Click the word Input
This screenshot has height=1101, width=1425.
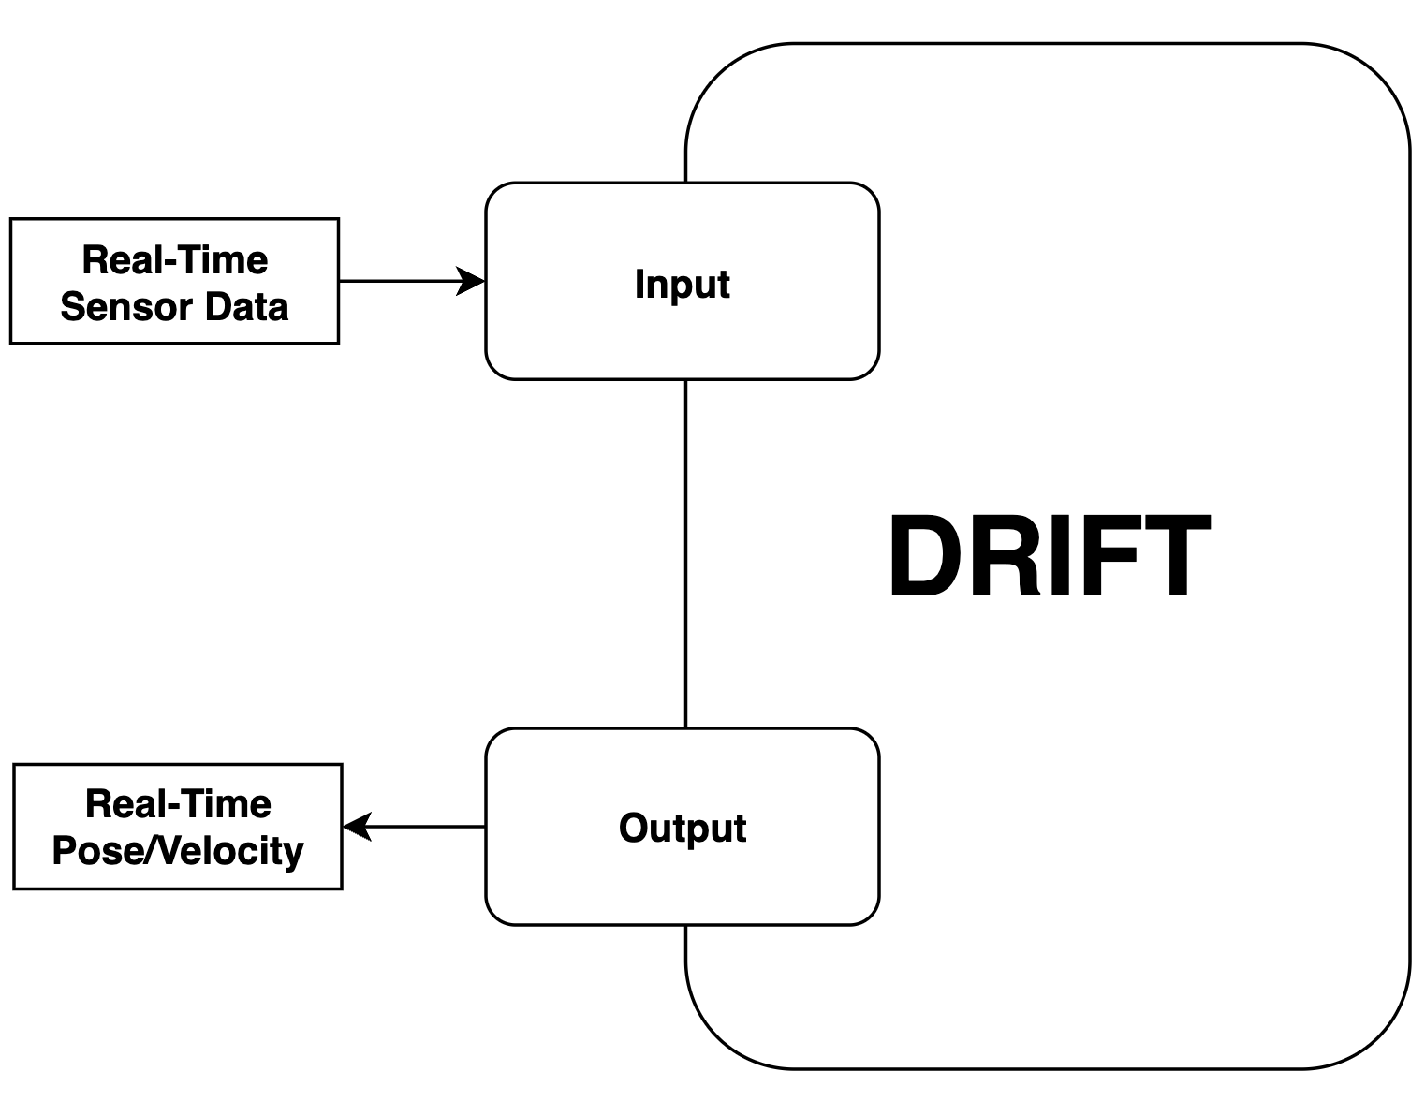(682, 284)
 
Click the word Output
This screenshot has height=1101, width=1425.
(683, 829)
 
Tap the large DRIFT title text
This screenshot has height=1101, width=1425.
(1049, 558)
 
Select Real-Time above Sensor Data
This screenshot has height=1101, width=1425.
(175, 260)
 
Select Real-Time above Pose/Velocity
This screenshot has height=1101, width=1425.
(178, 804)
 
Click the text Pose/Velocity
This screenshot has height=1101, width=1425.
(178, 851)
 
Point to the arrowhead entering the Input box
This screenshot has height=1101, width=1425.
(472, 281)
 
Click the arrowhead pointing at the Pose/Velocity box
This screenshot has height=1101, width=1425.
(357, 827)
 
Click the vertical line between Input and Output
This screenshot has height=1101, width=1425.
(686, 552)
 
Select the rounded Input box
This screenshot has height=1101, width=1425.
(562, 337)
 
